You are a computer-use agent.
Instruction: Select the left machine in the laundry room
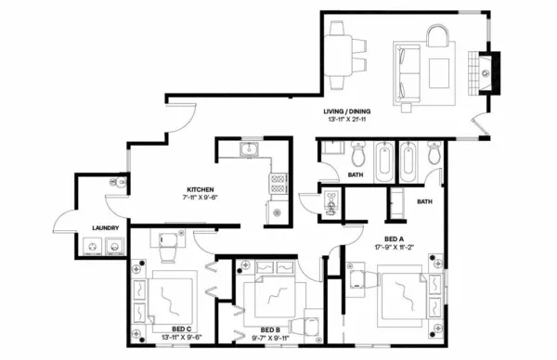click(x=92, y=246)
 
